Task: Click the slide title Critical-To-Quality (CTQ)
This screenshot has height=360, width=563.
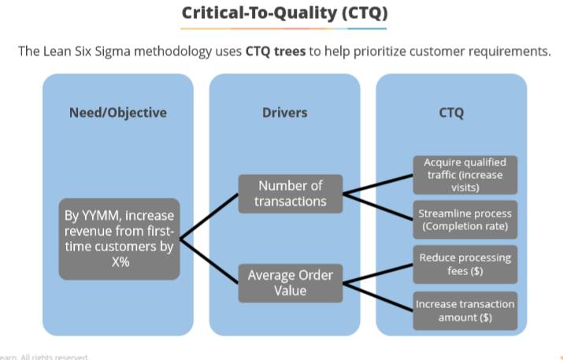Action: (x=284, y=13)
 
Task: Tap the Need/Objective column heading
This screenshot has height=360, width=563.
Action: (x=118, y=112)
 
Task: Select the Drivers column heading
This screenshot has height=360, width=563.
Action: (x=284, y=112)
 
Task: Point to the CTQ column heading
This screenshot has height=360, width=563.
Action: (x=451, y=112)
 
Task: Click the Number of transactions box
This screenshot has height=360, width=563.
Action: (x=291, y=193)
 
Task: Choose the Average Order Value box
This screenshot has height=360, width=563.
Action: (x=291, y=283)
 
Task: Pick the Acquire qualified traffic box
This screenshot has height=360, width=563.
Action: (x=465, y=175)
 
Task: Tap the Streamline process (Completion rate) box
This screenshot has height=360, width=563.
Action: (x=465, y=220)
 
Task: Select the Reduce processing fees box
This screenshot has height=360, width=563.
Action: (x=465, y=264)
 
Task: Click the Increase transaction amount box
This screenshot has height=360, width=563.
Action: (x=465, y=310)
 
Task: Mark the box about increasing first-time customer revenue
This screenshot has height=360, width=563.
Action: (x=119, y=239)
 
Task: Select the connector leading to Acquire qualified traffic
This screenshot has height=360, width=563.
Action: (x=378, y=184)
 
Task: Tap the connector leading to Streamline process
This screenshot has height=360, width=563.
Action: (x=378, y=204)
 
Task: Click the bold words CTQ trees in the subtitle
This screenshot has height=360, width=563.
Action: (x=276, y=52)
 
